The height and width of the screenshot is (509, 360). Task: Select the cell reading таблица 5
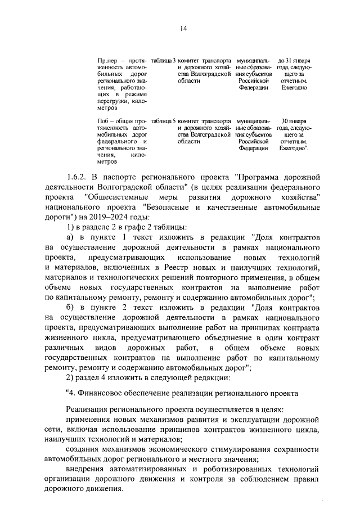(164, 121)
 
